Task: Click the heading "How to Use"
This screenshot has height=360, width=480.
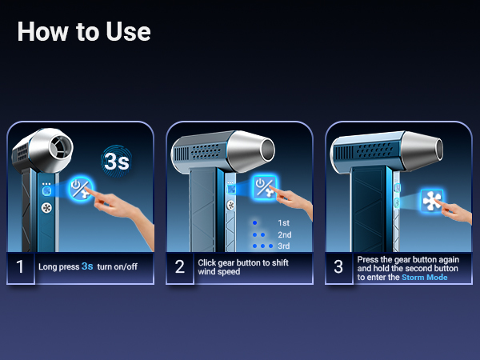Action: click(83, 31)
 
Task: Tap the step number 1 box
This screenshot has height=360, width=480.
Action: click(21, 266)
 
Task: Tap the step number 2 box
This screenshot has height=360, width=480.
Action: click(181, 266)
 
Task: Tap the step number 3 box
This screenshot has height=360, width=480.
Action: click(338, 266)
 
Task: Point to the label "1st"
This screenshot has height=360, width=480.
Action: click(283, 223)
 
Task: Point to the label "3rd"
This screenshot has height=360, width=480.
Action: click(283, 246)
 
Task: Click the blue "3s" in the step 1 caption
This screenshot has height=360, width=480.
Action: click(87, 266)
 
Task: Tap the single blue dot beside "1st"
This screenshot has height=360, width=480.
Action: click(254, 223)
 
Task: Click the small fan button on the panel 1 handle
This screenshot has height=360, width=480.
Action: click(46, 206)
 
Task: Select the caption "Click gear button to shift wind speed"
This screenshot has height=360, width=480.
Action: click(243, 266)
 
